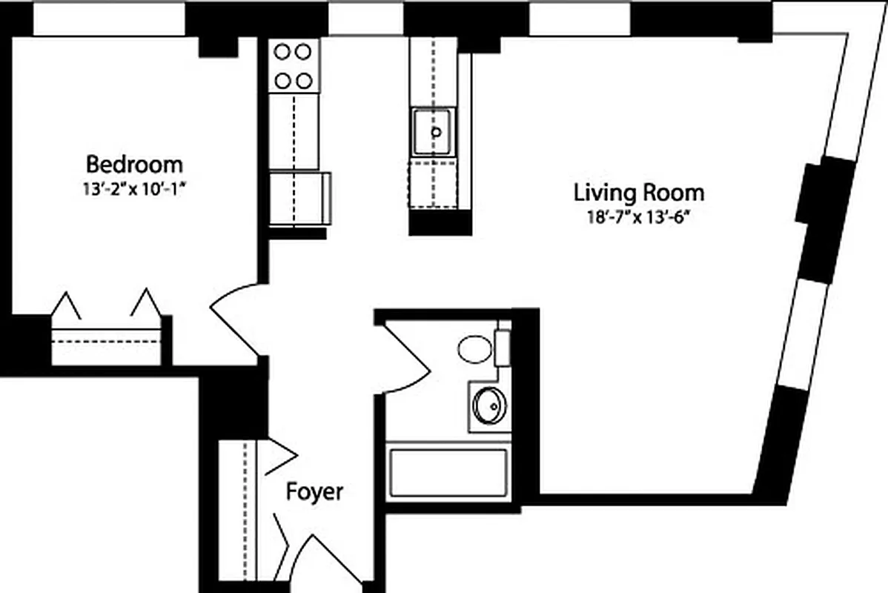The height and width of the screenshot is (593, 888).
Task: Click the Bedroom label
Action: click(134, 163)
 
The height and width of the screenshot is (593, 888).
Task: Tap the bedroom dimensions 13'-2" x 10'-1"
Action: click(133, 188)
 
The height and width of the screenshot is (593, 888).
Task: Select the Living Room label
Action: click(639, 193)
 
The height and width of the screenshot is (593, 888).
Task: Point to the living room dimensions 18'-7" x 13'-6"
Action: click(638, 217)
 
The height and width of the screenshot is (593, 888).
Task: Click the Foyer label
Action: click(315, 491)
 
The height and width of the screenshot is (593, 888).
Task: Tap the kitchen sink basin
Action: click(434, 132)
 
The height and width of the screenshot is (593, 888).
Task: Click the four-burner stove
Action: click(292, 65)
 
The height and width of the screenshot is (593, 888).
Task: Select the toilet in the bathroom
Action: click(475, 349)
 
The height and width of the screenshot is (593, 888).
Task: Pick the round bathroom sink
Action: click(488, 405)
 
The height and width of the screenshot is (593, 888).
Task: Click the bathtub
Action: click(448, 473)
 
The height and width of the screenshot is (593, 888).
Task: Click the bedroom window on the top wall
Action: click(108, 19)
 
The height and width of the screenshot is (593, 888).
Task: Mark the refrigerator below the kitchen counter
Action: click(299, 198)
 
